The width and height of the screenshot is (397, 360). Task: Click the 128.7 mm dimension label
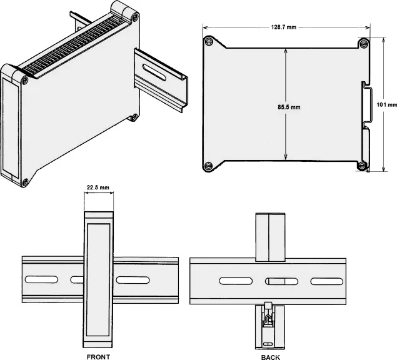pos(284,27)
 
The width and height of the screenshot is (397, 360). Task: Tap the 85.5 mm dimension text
pos(289,107)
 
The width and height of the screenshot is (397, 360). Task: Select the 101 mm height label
pos(386,104)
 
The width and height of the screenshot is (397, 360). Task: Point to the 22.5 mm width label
pos(98,187)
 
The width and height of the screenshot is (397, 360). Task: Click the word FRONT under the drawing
pos(98,357)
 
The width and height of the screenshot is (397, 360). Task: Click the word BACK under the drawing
pos(271,357)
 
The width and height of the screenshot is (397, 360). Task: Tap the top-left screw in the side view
pos(208,41)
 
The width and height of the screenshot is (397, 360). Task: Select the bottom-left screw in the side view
pos(208,166)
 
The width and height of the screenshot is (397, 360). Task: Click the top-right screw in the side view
pos(364,43)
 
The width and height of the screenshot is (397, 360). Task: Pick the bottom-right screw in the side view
pos(362,166)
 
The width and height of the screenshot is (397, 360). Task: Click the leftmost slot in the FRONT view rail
pos(41,279)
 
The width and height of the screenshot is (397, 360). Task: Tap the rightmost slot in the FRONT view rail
pos(133,280)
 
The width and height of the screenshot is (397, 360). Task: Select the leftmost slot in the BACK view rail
pos(236,281)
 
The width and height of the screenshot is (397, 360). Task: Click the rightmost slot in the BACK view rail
pos(327,281)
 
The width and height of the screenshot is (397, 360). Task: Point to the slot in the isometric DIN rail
pos(154,72)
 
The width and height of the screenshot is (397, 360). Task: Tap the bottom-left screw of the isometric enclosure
pos(25,182)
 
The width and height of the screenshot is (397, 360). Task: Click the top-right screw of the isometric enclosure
pos(135,17)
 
